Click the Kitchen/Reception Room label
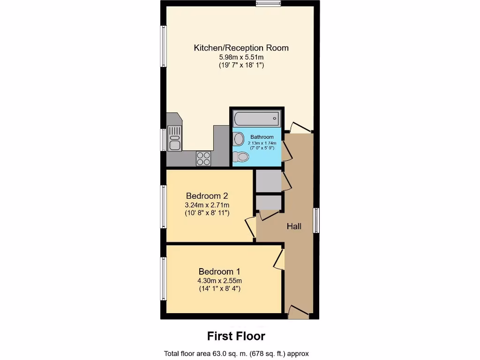[241, 48]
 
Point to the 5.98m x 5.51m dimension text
[241, 57]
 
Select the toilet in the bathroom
[240, 156]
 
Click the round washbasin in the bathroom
[239, 139]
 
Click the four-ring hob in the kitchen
[203, 158]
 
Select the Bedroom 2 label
[207, 195]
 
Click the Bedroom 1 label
[219, 271]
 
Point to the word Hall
[294, 226]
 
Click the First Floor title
[236, 336]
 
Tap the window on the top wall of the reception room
[268, 4]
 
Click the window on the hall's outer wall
[316, 220]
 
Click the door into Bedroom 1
[279, 259]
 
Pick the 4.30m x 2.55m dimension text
[219, 281]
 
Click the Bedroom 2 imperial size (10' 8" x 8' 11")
[207, 213]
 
